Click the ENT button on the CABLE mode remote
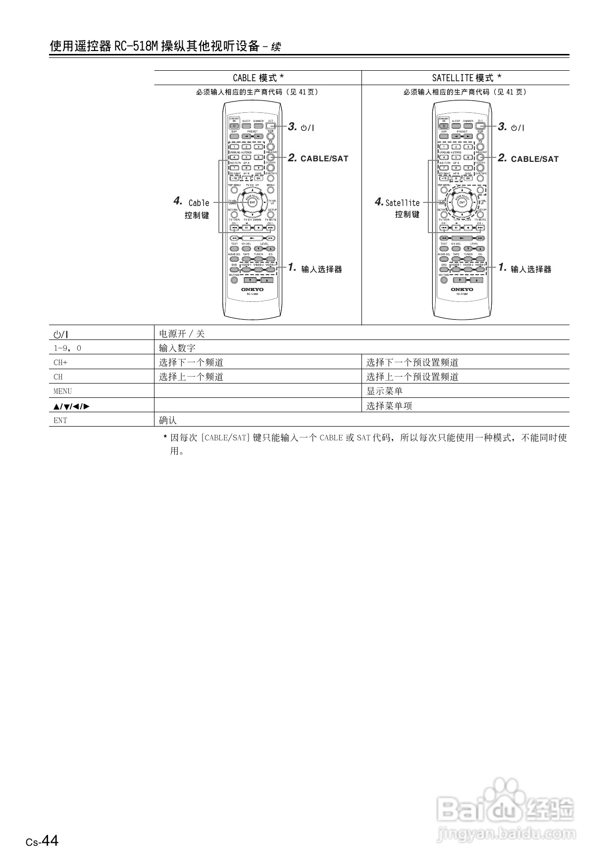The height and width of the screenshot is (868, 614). (253, 202)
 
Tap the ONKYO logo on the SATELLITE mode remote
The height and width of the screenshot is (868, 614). (462, 289)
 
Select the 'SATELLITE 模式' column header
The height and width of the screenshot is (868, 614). (466, 78)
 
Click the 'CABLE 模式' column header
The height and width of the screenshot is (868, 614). (258, 78)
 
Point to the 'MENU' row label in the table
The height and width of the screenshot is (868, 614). (62, 391)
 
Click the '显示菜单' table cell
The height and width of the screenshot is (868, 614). (384, 391)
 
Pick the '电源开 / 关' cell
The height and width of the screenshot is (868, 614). (182, 334)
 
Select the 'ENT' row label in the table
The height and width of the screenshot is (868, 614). (60, 421)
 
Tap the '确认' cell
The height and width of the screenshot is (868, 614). (168, 421)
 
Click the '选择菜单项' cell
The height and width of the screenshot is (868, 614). (389, 406)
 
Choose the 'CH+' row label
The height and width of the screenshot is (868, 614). (60, 363)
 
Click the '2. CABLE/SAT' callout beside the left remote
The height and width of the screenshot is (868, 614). (318, 158)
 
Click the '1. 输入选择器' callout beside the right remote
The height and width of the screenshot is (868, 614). (525, 269)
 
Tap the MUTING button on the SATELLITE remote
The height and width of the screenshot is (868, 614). (444, 280)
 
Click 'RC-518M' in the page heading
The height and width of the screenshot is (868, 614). (136, 47)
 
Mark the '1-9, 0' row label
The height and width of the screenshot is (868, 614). (67, 348)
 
